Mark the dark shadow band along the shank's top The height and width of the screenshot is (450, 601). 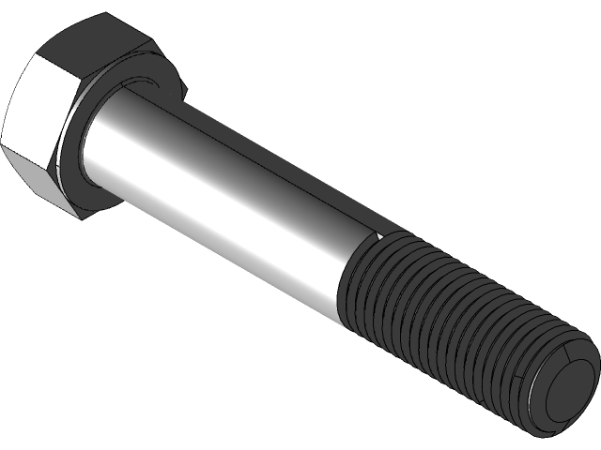coord(263,150)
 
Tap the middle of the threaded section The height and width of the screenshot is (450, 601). coord(441,319)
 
